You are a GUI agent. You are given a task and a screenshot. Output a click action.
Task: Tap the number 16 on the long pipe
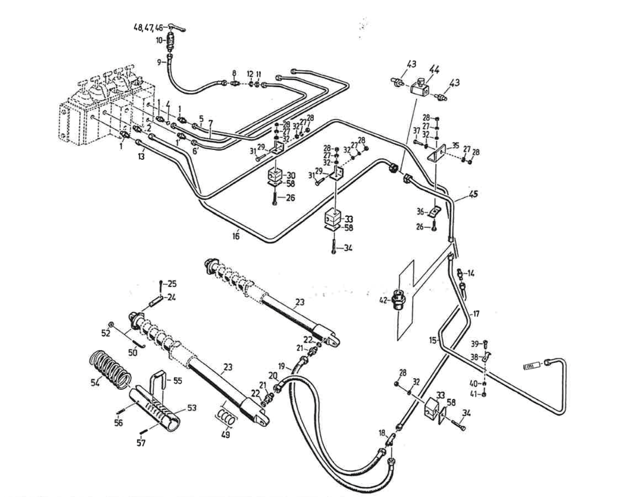[235, 236]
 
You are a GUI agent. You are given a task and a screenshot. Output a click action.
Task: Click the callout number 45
[473, 194]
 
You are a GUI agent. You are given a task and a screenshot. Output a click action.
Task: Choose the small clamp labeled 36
[435, 211]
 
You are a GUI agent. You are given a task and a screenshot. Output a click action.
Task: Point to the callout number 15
[433, 340]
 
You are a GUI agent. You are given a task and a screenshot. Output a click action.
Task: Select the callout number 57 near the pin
[141, 443]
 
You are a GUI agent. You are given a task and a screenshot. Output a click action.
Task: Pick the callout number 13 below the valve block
[141, 156]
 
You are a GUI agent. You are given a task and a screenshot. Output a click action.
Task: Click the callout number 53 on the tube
[192, 408]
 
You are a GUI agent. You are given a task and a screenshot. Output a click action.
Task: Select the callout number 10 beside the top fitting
[159, 40]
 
